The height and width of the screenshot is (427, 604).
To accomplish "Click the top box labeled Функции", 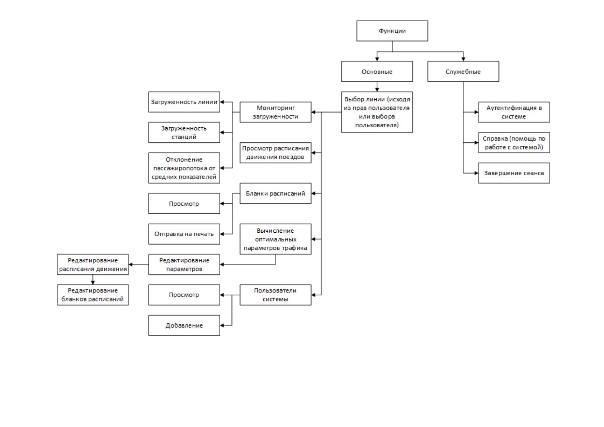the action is pos(392,31).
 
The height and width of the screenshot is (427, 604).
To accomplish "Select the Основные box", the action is pos(377,71).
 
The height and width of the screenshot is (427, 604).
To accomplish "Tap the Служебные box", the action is pos(463,71).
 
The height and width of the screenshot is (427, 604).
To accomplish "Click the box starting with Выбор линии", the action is pos(377,112).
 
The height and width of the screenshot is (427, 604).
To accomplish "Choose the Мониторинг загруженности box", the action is pos(275,112).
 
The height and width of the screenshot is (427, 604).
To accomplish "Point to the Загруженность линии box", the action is pos(184,102).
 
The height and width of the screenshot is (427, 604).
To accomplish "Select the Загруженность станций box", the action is pos(184,132).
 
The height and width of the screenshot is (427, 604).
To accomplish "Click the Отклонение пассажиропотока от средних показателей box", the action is pos(184,168).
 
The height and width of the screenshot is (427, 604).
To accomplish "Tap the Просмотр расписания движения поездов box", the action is pos(275,153).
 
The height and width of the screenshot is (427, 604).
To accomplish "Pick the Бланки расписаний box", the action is pos(275,193).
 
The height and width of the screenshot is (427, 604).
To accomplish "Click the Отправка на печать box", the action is pos(184,234).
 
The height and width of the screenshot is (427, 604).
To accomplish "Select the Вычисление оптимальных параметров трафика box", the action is pos(275,239).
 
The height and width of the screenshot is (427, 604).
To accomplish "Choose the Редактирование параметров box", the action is pos(184,265).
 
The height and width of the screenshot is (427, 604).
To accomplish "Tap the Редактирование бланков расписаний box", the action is pos(93,295).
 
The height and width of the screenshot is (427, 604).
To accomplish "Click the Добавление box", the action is pos(184,326).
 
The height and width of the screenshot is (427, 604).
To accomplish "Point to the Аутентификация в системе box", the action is pos(514,112).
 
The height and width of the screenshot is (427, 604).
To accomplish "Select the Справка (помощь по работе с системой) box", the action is pos(514,143).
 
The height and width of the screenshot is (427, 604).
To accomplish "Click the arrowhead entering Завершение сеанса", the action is pos(476,173).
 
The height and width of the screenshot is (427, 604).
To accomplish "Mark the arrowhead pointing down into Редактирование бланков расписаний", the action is pos(93,283).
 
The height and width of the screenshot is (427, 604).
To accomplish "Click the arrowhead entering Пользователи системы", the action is pos(313,295).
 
